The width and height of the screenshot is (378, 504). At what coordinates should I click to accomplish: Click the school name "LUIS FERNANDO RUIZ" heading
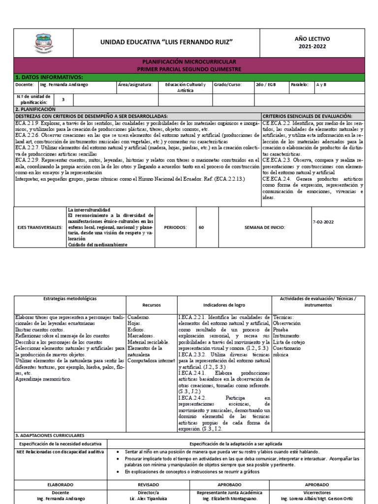point(166,43)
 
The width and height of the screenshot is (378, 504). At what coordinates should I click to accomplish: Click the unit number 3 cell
point(63,99)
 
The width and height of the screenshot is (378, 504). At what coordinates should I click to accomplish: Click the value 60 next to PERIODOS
point(201,228)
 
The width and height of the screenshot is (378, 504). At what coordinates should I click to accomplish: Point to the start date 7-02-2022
point(323,222)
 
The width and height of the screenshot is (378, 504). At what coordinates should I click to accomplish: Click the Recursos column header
point(151,305)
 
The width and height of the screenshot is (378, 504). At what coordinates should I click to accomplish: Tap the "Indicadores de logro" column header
point(223,305)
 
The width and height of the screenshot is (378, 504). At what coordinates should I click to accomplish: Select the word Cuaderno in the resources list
point(138,317)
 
